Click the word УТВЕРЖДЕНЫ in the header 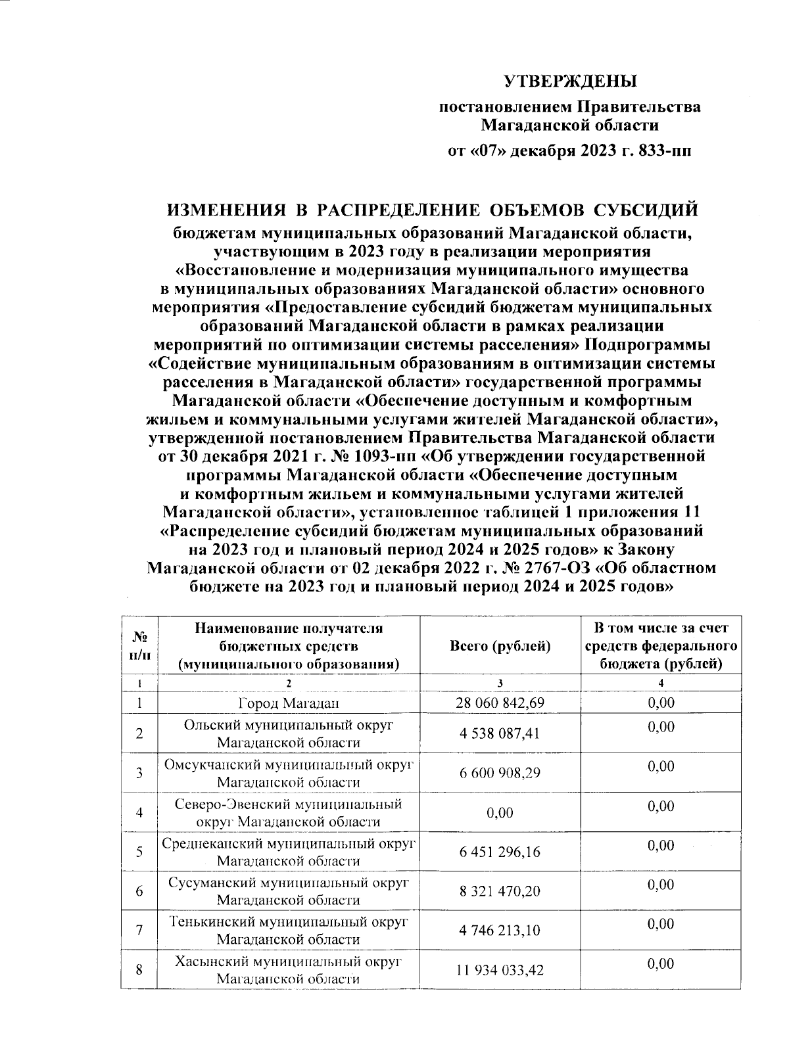pyautogui.click(x=570, y=82)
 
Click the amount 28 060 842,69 pyautogui.click(x=500, y=703)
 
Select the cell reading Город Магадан pyautogui.click(x=289, y=703)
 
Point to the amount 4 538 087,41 pyautogui.click(x=500, y=734)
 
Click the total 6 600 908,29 pyautogui.click(x=500, y=774)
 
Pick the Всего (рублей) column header pyautogui.click(x=500, y=646)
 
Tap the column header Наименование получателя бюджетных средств pyautogui.click(x=289, y=646)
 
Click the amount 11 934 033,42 pyautogui.click(x=500, y=971)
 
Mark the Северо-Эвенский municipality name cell pyautogui.click(x=289, y=813)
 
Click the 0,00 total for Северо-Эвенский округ pyautogui.click(x=500, y=813)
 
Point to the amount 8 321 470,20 pyautogui.click(x=500, y=892)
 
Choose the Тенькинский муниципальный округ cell pyautogui.click(x=289, y=931)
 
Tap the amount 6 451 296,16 pyautogui.click(x=500, y=852)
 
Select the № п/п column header pyautogui.click(x=139, y=646)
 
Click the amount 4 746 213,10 pyautogui.click(x=500, y=931)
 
